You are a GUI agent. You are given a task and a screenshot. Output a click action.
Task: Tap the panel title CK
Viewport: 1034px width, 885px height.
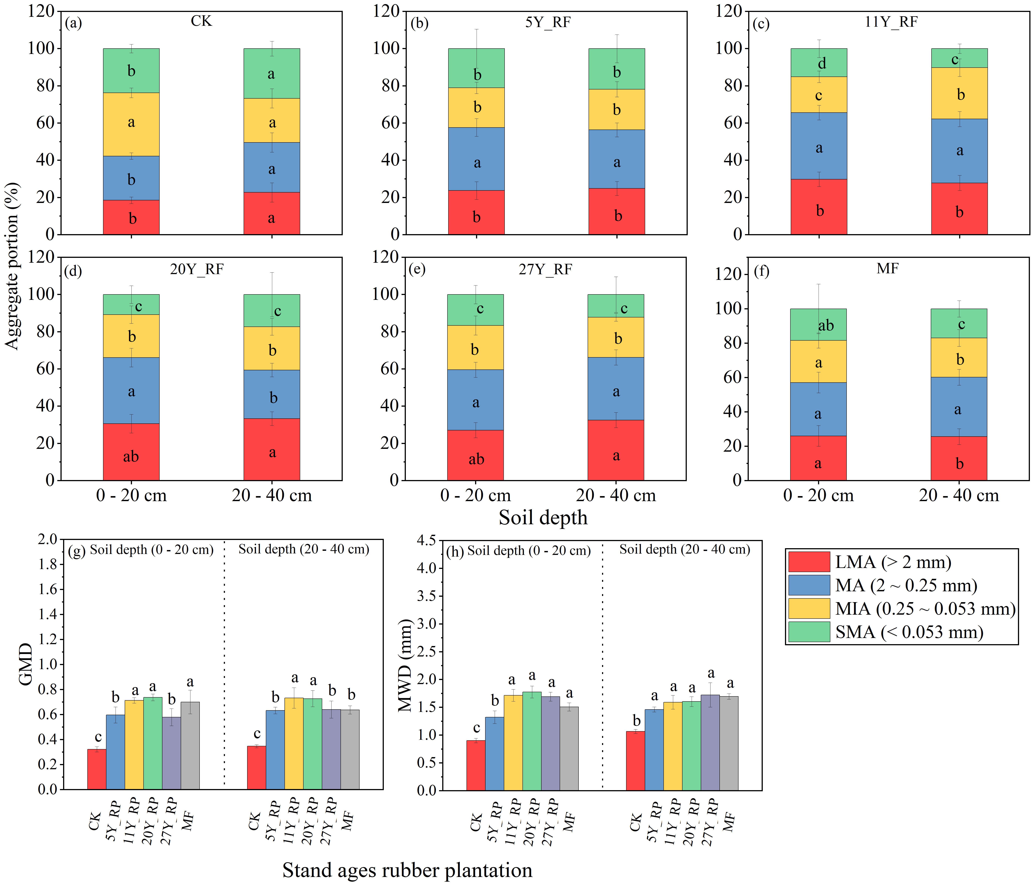(x=201, y=21)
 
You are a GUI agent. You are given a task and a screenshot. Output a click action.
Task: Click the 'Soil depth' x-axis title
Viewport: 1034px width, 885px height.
(x=543, y=518)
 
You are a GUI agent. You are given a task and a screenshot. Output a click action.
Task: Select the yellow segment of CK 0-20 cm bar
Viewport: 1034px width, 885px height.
(x=131, y=124)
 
